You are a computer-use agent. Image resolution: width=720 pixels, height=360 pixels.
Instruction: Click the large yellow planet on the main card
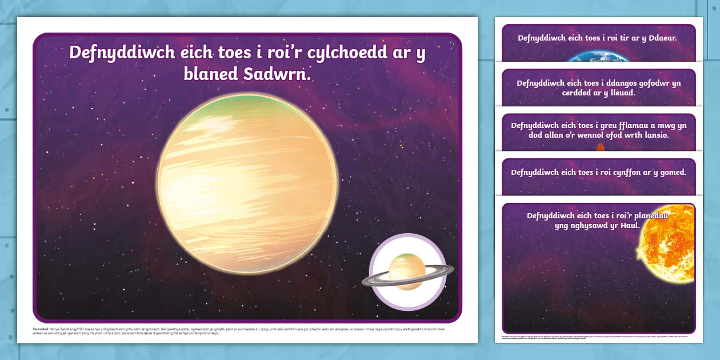(x=247, y=183)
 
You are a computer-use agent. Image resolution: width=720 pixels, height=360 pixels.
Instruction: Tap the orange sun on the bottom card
(x=667, y=243)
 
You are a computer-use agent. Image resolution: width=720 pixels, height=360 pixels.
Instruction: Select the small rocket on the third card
(x=601, y=148)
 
